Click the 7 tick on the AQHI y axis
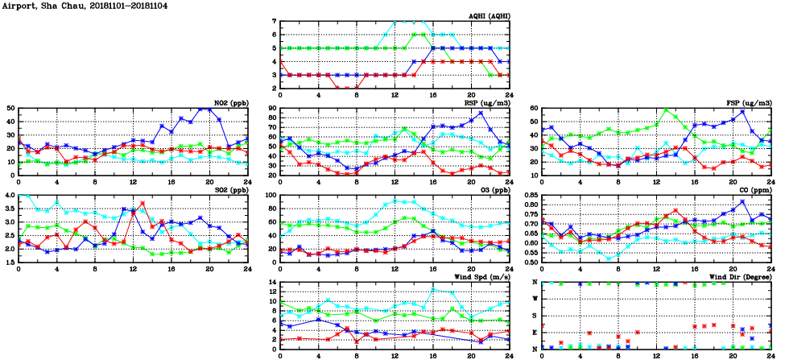pos(275,21)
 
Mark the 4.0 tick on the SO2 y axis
pos(9,195)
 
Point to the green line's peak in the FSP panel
pos(666,110)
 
